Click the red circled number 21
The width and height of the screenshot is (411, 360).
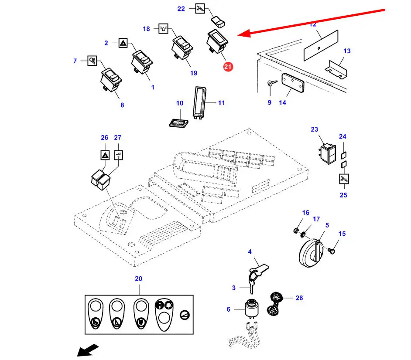pos(228,67)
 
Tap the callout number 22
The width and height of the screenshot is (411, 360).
pos(182,9)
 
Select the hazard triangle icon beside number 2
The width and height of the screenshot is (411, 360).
pos(123,43)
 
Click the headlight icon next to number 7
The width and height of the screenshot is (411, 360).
pos(92,61)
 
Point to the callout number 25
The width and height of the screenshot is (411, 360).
pos(343,194)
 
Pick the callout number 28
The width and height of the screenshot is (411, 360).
pos(299,298)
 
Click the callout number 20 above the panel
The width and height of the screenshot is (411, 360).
pos(139,278)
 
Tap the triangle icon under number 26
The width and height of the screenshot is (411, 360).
pos(105,154)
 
